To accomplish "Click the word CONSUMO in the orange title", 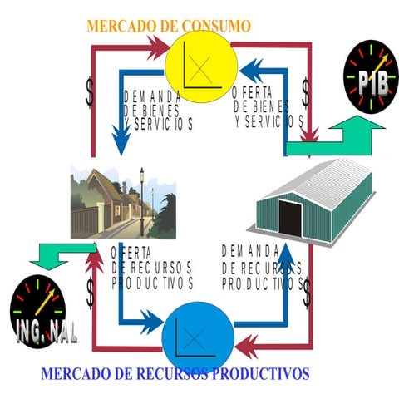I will point(214,26).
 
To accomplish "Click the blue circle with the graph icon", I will point(197,336).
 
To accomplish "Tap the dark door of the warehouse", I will point(289,218).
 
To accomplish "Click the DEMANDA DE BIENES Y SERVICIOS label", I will point(158,110).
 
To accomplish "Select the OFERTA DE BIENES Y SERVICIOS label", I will point(268,107).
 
